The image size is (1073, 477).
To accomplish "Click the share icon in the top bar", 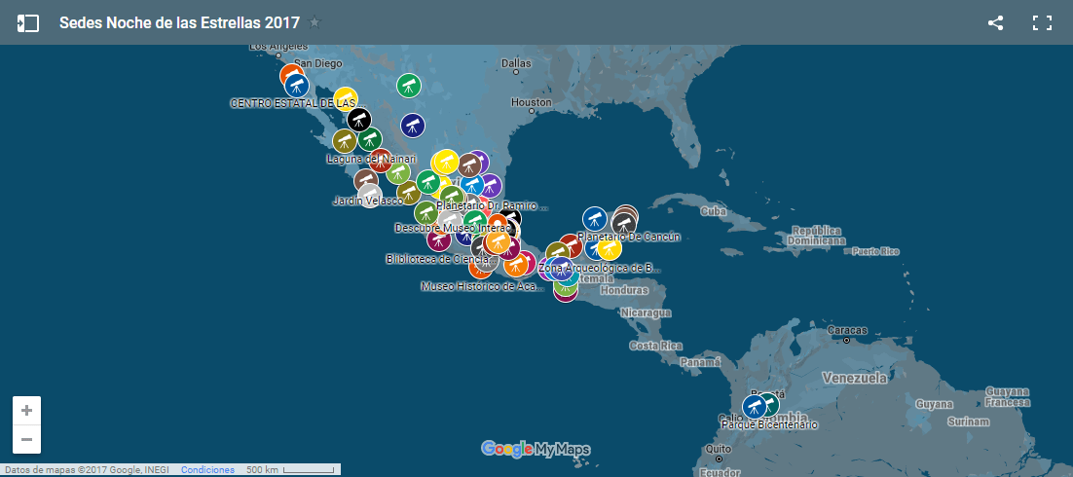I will click(995, 23).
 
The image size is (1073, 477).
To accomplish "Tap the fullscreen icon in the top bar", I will click(1042, 23).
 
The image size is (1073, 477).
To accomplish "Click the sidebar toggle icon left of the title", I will click(28, 23).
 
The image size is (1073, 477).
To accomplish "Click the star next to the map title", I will click(314, 23).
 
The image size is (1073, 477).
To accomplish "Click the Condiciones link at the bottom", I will click(207, 470).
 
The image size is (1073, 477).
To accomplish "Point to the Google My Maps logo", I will click(536, 449).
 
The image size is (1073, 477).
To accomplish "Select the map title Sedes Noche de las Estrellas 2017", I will click(179, 23).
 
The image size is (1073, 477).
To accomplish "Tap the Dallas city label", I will click(516, 63).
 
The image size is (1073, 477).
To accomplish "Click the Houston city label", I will click(532, 102).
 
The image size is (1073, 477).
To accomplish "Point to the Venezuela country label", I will click(854, 378).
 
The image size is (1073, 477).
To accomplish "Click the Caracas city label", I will click(846, 330).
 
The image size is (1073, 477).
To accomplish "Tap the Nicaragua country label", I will click(647, 313).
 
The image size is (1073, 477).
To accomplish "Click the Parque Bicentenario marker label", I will click(769, 425).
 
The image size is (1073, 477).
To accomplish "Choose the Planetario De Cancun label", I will click(628, 237).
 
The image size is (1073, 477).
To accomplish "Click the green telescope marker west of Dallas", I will click(408, 86).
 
